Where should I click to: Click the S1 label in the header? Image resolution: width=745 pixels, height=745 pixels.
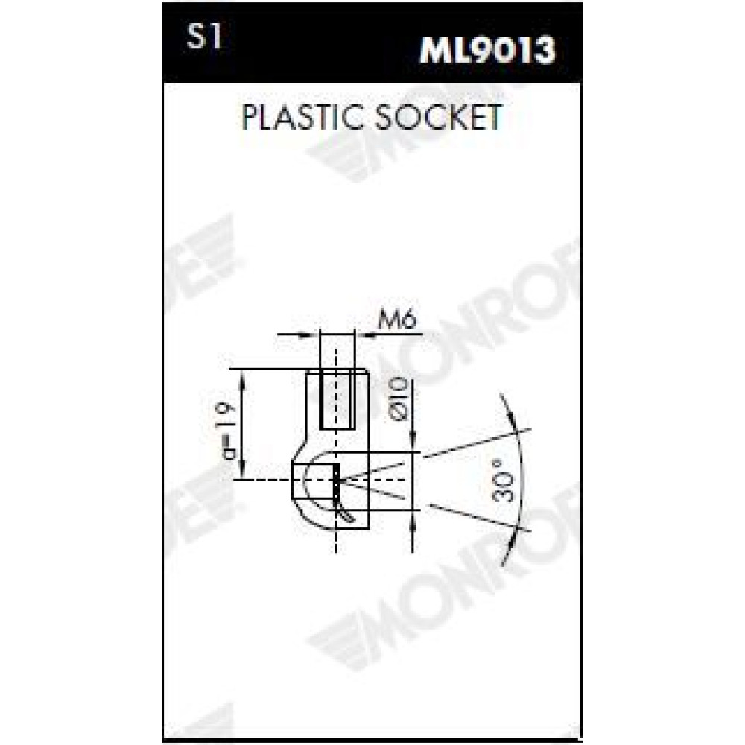[204, 37]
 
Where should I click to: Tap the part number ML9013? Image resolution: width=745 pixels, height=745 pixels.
[487, 49]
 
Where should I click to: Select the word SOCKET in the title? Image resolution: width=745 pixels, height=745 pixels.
[438, 117]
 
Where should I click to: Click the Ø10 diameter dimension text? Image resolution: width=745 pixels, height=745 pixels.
[398, 399]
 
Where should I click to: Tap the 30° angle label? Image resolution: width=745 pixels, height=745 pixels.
[504, 481]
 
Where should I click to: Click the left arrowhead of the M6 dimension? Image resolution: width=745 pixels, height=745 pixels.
[309, 335]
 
